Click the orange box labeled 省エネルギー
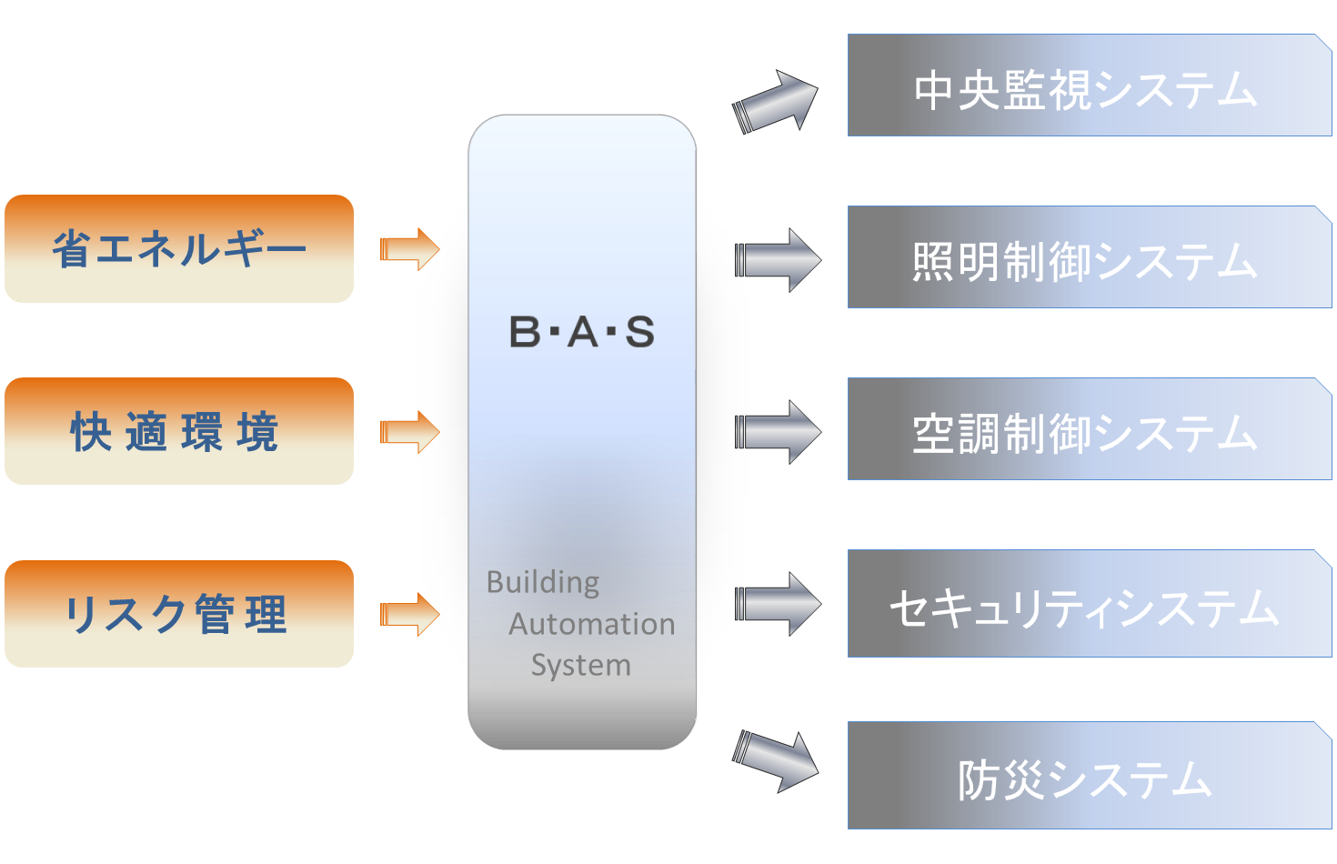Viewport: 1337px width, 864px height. [179, 248]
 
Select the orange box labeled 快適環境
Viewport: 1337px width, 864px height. [179, 431]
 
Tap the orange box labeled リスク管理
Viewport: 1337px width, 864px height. [179, 613]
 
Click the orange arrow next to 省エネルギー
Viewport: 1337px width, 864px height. [410, 249]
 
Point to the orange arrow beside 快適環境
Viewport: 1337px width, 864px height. [410, 432]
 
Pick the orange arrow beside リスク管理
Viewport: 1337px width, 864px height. [410, 615]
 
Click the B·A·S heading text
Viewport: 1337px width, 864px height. [582, 332]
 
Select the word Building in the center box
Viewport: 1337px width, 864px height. [543, 582]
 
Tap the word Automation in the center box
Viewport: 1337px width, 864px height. [592, 624]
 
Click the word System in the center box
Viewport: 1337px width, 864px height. [581, 666]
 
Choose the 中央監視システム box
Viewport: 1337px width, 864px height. [1090, 85]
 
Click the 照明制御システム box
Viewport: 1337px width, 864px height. [1090, 256]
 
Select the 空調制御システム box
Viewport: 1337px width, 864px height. [1090, 428]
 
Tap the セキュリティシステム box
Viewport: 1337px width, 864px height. [1090, 603]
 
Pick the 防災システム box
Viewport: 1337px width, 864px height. [1090, 775]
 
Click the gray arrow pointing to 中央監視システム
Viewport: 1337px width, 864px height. [776, 103]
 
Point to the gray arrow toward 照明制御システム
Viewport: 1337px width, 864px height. [779, 260]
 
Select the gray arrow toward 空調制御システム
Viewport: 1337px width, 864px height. [779, 432]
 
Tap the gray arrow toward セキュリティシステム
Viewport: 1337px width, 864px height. [779, 604]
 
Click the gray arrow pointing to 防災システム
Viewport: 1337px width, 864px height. [776, 761]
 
